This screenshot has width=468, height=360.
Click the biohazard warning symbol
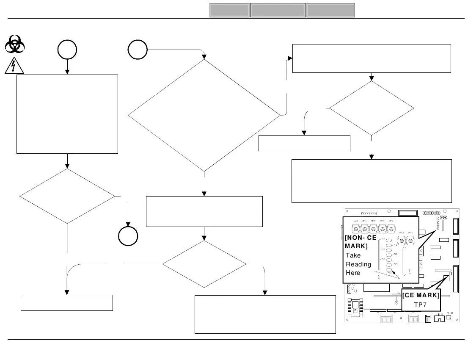tap(14, 44)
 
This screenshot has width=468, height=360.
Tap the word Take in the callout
tap(353, 255)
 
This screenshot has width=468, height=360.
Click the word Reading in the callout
tap(358, 264)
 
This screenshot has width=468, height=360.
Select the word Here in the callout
tap(353, 273)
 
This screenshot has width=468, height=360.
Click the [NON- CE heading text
tap(361, 238)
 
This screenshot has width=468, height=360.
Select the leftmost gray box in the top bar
tap(229, 10)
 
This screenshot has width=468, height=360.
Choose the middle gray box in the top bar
tap(278, 10)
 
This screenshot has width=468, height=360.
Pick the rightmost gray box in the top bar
tap(330, 10)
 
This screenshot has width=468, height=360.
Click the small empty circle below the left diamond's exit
tap(128, 236)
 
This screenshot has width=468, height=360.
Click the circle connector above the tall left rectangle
tap(67, 50)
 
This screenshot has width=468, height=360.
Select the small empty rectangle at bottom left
tap(67, 302)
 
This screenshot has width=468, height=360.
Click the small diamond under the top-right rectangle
tap(372, 108)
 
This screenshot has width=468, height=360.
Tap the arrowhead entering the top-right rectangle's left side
tap(291, 59)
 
